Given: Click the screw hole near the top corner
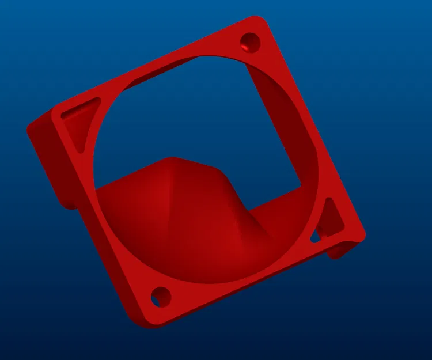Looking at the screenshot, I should click(250, 41).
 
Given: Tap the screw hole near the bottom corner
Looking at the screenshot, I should click(161, 297).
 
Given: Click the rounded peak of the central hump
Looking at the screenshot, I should click(171, 161).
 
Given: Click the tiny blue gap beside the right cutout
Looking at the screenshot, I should click(315, 237).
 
